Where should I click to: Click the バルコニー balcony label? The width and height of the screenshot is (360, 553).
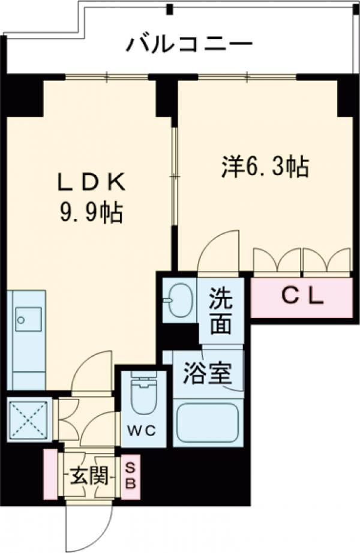click(190, 45)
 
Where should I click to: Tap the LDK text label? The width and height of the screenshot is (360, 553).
click(92, 184)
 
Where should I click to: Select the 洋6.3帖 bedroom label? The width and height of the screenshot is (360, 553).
click(265, 166)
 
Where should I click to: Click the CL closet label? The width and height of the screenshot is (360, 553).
click(302, 297)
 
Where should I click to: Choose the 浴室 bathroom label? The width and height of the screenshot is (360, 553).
click(208, 374)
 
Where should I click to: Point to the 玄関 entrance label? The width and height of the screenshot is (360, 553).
click(89, 477)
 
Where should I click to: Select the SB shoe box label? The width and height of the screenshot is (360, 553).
click(131, 476)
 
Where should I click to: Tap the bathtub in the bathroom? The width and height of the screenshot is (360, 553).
click(208, 422)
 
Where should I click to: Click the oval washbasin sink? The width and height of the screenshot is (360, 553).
click(179, 300)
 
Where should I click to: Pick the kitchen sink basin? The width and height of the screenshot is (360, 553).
click(28, 320)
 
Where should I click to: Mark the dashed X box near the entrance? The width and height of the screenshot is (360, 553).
click(28, 419)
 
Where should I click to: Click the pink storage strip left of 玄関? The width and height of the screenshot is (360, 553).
click(50, 474)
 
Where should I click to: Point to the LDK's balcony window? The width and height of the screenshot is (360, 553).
click(107, 77)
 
